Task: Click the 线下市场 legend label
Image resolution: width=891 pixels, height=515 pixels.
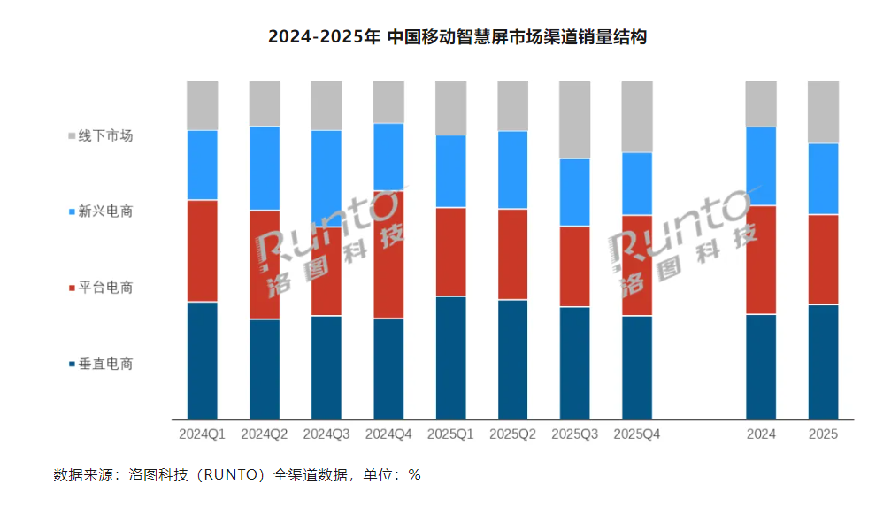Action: (105, 136)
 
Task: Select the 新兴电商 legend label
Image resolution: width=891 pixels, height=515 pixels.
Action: (105, 212)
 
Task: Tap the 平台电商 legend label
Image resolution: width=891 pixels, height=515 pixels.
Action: (105, 288)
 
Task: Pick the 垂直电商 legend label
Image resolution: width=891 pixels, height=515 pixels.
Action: (105, 365)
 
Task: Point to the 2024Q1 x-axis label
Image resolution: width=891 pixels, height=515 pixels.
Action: (202, 434)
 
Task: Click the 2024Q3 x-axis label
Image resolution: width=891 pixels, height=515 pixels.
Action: (326, 434)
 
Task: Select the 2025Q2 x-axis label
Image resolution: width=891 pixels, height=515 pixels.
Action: (512, 434)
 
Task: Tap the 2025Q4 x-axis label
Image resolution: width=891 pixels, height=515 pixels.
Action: (637, 434)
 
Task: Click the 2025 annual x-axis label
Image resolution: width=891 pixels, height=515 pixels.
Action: (823, 434)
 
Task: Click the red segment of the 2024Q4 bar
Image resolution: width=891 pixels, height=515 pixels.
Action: (388, 254)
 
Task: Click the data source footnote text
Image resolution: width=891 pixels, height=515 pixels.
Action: (237, 475)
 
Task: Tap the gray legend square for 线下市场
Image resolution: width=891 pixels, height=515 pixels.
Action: (71, 137)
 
